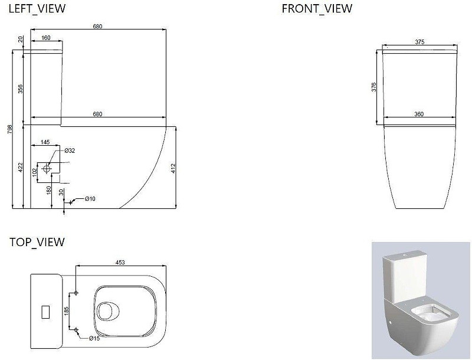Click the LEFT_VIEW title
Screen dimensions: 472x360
point(37,9)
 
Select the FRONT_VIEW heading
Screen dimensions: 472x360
point(317,9)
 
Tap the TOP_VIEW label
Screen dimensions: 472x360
point(37,242)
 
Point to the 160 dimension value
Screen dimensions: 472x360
point(46,38)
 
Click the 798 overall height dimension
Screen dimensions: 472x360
point(10,129)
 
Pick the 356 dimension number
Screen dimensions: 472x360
point(20,89)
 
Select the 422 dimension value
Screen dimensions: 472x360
point(20,168)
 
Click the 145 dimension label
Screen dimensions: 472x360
point(45,142)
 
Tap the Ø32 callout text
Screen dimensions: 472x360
point(70,150)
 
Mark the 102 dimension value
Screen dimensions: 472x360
point(35,172)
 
